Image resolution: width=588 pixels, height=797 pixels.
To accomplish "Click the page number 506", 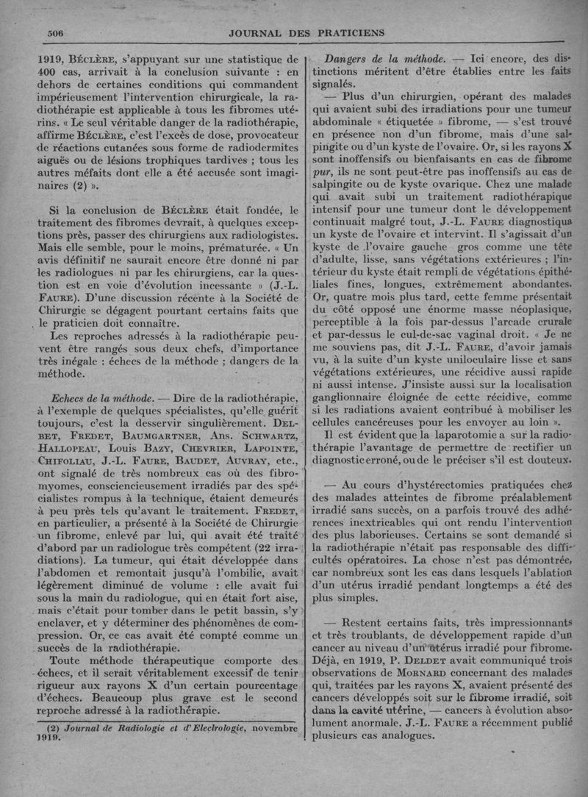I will click(57, 32).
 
